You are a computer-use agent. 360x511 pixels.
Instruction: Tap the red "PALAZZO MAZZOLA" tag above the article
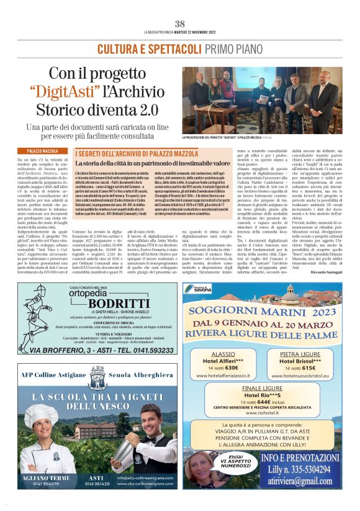43,151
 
